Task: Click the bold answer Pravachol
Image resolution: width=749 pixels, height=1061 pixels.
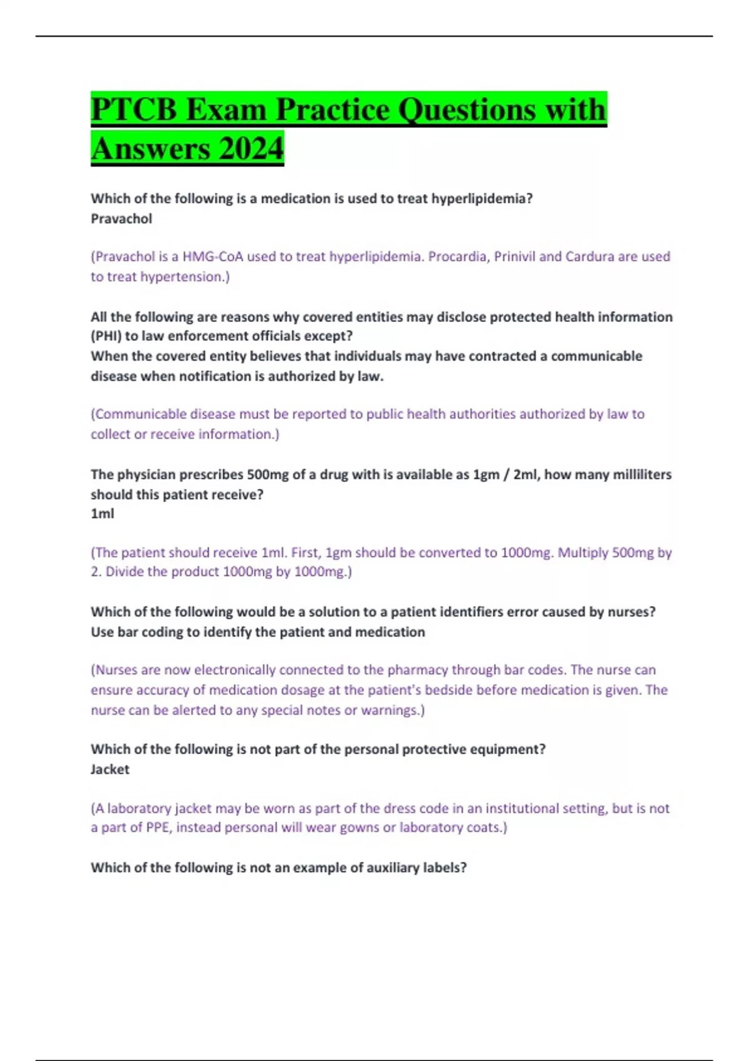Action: [x=121, y=218]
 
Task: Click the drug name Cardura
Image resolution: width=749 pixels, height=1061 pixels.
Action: [x=589, y=257]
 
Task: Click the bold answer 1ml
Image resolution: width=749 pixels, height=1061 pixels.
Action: [x=102, y=514]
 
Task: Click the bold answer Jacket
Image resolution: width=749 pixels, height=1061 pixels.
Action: [x=110, y=769]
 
